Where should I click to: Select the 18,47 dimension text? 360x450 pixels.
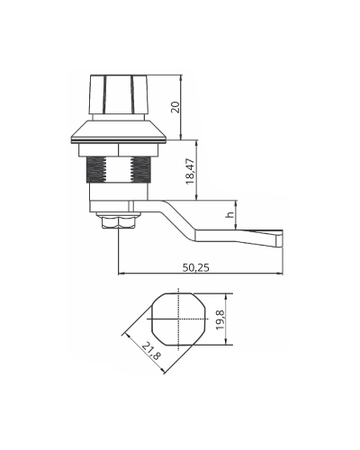tap(190, 171)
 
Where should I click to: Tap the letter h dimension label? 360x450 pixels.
tap(230, 215)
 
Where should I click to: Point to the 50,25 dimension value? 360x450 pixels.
tap(196, 267)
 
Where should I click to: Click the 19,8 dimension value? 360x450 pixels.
tap(220, 319)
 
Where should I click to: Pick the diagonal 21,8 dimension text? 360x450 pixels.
tap(152, 350)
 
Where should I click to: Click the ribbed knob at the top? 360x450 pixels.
tap(118, 94)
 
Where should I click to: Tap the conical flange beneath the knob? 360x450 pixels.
tap(119, 130)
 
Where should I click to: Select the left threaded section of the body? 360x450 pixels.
tap(96, 169)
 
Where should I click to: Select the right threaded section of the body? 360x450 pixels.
tap(139, 169)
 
